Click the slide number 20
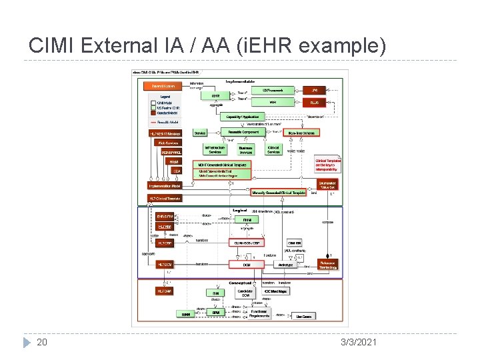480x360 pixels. (x=41, y=342)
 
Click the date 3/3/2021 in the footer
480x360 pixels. (x=358, y=342)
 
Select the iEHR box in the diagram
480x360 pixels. (x=215, y=95)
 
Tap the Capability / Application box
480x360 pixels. (x=242, y=117)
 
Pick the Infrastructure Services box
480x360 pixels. (x=215, y=150)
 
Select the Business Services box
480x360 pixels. (x=246, y=150)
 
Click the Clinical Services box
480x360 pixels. (x=274, y=150)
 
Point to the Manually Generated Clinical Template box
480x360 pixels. (x=279, y=193)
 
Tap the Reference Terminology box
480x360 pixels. (x=328, y=265)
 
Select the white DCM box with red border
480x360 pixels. (x=247, y=265)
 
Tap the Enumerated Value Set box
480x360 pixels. (x=327, y=184)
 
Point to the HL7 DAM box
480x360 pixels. (x=164, y=291)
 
